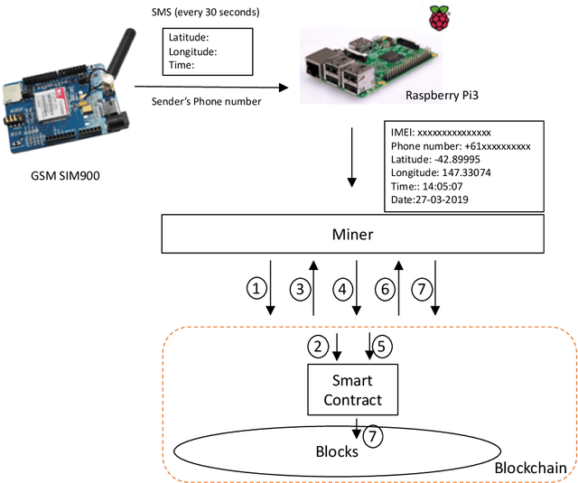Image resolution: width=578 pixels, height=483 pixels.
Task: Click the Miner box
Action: click(353, 234)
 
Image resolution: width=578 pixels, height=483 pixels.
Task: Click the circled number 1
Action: click(257, 290)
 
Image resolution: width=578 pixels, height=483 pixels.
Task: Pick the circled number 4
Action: click(342, 290)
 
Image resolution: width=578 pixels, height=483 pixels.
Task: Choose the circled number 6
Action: click(384, 290)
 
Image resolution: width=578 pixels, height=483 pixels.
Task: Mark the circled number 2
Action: click(317, 346)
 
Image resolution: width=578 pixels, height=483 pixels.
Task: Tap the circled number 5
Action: click(382, 346)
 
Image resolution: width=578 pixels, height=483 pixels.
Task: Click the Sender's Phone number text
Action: click(204, 101)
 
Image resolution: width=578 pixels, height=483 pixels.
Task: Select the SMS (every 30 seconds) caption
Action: click(205, 14)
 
